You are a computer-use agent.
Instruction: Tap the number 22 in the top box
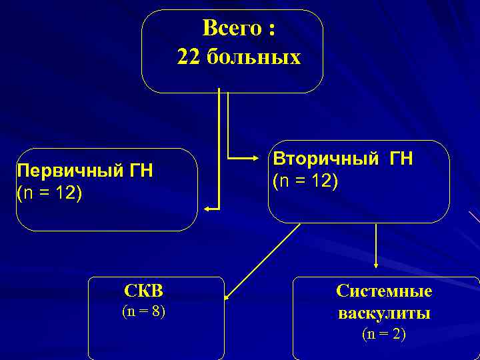tap(189, 57)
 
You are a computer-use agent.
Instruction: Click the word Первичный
tap(59, 171)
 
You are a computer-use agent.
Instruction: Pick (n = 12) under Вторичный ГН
tap(305, 181)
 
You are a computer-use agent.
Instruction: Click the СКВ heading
tap(143, 291)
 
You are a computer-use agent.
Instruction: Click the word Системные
tap(384, 291)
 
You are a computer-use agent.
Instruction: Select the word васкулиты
tap(384, 313)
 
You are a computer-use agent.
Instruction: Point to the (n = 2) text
tap(384, 334)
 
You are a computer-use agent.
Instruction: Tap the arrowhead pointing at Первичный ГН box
tap(207, 209)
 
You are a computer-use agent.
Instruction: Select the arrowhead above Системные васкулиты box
tap(377, 266)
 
